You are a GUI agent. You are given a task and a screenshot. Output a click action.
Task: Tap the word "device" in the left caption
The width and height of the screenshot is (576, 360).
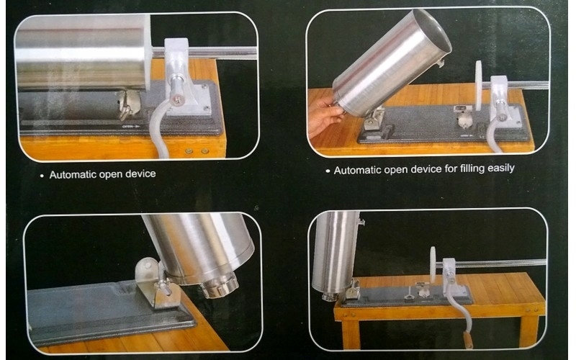click(x=140, y=174)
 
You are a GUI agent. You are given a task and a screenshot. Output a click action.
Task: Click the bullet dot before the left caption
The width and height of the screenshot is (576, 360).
click(x=42, y=176)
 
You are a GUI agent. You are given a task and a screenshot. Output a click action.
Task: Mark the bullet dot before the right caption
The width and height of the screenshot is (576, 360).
click(x=328, y=171)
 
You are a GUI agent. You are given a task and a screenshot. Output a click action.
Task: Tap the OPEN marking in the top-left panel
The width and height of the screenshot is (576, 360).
click(x=131, y=127)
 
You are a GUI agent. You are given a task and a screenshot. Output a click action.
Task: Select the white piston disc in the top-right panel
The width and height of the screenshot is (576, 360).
click(x=479, y=86)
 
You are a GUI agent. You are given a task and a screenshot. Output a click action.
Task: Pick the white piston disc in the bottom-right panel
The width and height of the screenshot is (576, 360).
click(x=433, y=264)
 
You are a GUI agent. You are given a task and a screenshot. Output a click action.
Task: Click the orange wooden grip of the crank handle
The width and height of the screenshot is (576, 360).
click(x=468, y=339)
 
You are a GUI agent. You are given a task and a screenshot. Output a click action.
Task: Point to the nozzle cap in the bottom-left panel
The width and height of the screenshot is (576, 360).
click(x=220, y=287)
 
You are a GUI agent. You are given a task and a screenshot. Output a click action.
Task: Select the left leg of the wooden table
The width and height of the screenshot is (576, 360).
click(x=351, y=334)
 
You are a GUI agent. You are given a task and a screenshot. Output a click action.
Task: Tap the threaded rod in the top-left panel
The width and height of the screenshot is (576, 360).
click(x=204, y=52)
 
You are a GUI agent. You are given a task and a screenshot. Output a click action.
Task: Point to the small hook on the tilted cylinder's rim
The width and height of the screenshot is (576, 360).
click(x=440, y=63)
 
